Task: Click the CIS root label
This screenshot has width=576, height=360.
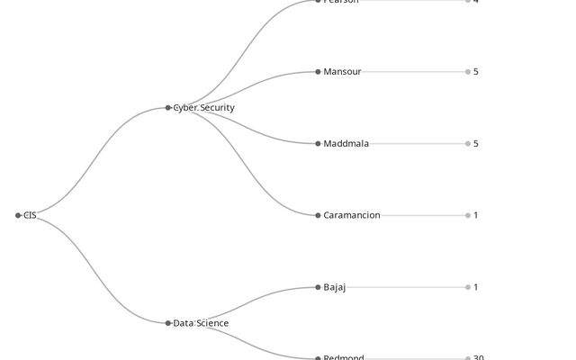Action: (30, 215)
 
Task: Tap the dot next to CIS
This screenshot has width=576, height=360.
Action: (18, 215)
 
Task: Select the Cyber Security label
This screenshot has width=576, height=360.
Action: (203, 108)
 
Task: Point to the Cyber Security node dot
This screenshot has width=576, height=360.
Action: (168, 108)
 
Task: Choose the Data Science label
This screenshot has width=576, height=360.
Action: (201, 323)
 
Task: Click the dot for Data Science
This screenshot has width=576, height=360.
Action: (168, 323)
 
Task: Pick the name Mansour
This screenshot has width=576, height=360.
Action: (342, 72)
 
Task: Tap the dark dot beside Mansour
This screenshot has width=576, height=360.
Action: (318, 72)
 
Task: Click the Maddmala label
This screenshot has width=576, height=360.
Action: (346, 144)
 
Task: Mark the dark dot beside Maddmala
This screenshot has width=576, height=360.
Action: (318, 144)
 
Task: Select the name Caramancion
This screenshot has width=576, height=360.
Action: (352, 215)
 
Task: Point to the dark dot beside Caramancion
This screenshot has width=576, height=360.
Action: (318, 215)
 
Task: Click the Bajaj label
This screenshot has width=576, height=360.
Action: (334, 287)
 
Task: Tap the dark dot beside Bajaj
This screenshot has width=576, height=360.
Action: (318, 287)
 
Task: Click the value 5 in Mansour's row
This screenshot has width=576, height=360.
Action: (476, 72)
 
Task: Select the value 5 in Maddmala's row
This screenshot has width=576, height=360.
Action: (476, 144)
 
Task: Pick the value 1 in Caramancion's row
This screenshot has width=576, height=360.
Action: (476, 215)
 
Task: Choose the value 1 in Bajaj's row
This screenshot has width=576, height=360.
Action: (476, 287)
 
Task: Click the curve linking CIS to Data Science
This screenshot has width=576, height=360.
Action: (94, 270)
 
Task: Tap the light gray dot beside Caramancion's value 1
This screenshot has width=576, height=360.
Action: (468, 215)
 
